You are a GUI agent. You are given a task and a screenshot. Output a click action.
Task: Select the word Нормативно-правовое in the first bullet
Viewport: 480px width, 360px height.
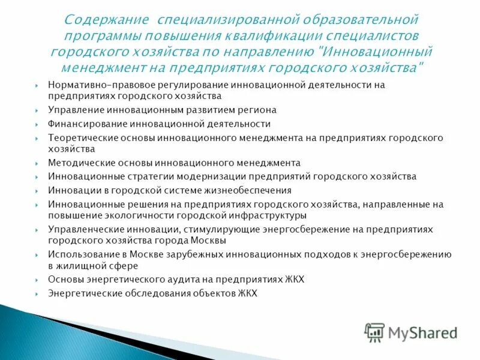(91, 85)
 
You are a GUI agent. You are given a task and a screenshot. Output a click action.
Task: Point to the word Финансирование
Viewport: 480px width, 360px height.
(85, 124)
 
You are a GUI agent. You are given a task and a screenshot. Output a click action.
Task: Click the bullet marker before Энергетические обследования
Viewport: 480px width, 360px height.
(37, 293)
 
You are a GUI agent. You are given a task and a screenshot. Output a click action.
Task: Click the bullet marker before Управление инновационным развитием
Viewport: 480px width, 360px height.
(37, 110)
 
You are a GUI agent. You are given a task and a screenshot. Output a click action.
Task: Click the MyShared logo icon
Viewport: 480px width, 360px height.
(374, 332)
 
